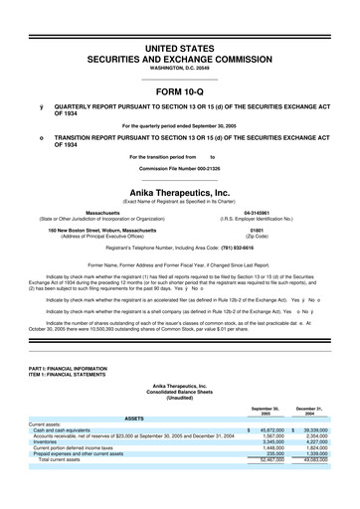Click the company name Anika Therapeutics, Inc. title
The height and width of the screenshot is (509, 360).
coord(180,195)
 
